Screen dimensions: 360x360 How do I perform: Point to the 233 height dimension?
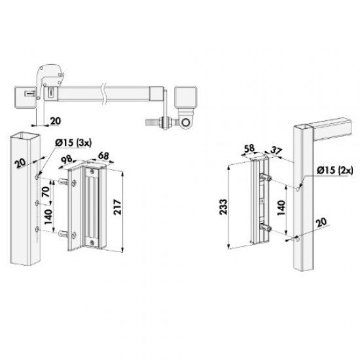[x=222, y=206]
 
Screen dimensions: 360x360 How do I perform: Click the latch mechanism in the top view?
[x=50, y=78]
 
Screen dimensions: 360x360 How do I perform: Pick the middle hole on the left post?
[x=37, y=204]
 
